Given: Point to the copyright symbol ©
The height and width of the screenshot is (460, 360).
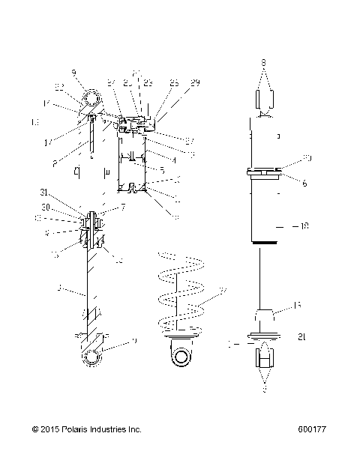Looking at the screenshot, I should pyautogui.click(x=34, y=429).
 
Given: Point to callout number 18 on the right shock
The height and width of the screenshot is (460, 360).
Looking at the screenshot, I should pyautogui.click(x=304, y=225).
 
